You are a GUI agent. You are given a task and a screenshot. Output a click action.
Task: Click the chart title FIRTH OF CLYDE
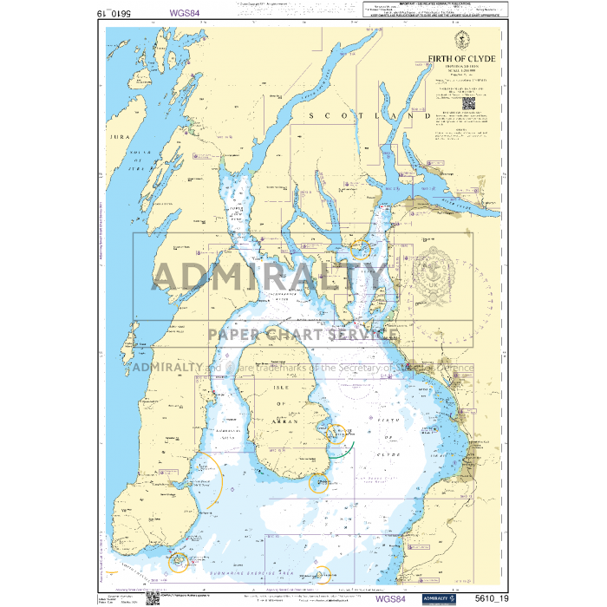coord(462,59)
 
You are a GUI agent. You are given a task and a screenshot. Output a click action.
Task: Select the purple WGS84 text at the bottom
coord(390,597)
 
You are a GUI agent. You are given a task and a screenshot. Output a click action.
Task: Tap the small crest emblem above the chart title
coord(462,40)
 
